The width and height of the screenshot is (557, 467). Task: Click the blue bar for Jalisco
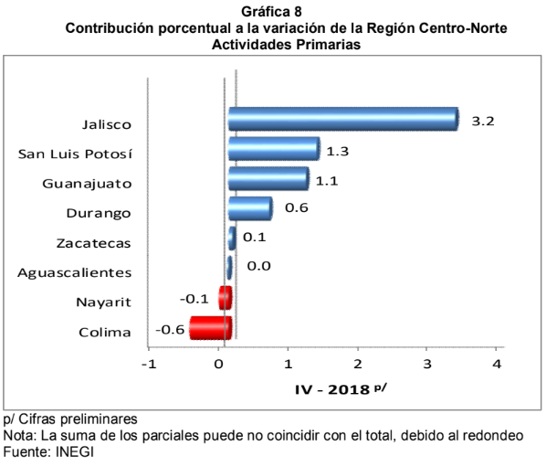[342, 119]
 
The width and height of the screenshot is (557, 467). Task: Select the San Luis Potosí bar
[273, 149]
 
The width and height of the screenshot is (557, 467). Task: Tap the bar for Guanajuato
[268, 178]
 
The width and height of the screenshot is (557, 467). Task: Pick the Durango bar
[249, 208]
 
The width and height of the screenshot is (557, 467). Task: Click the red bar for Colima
[210, 327]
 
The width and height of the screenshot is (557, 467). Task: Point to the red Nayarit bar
[225, 298]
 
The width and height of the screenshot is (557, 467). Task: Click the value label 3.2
[482, 121]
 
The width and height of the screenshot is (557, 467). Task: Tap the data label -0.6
[171, 329]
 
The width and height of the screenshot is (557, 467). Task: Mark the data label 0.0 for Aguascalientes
[257, 267]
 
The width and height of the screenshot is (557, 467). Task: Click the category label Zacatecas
[93, 243]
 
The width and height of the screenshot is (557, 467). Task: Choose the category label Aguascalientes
[75, 272]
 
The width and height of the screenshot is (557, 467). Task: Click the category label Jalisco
[107, 124]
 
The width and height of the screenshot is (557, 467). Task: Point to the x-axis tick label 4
[497, 365]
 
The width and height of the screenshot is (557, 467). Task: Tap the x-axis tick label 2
[358, 365]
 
